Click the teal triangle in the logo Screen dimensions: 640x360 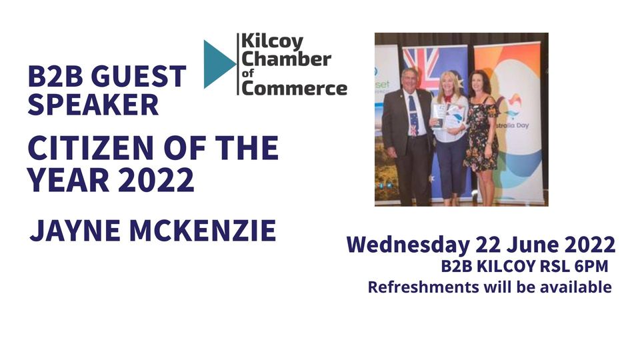pyautogui.click(x=217, y=64)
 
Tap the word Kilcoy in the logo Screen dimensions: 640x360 pyautogui.click(x=272, y=42)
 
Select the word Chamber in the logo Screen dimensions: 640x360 pyautogui.click(x=286, y=59)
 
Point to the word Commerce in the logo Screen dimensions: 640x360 pyautogui.click(x=294, y=88)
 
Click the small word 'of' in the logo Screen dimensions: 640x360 pyautogui.click(x=248, y=73)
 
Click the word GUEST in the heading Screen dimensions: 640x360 pyautogui.click(x=139, y=76)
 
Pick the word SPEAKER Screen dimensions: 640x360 pyautogui.click(x=93, y=104)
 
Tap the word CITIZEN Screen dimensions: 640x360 pyautogui.click(x=91, y=147)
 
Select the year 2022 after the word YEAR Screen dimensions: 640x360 pyautogui.click(x=156, y=179)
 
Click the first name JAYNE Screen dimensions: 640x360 pyautogui.click(x=75, y=231)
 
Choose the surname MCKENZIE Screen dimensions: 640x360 pyautogui.click(x=203, y=231)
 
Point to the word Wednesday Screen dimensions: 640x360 pyautogui.click(x=408, y=245)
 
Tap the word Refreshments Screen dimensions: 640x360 pyautogui.click(x=423, y=287)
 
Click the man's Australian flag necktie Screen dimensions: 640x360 pyautogui.click(x=413, y=115)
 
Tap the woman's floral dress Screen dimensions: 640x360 pyautogui.click(x=481, y=135)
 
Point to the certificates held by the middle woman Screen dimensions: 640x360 pyautogui.click(x=447, y=116)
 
